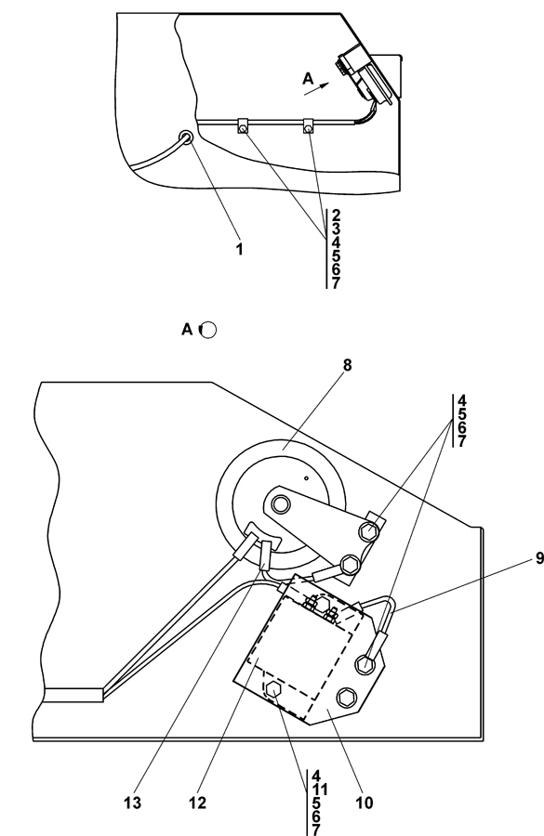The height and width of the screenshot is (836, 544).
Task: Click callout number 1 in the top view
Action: tap(240, 249)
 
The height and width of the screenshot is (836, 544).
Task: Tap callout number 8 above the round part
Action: tap(348, 365)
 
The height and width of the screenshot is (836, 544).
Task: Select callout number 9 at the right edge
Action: tap(539, 558)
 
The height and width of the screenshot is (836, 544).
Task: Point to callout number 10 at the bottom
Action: tap(365, 803)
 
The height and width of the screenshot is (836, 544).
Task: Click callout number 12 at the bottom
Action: tap(197, 803)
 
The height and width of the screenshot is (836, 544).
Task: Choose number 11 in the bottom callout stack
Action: tap(319, 789)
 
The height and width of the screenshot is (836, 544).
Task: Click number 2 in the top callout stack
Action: tap(336, 216)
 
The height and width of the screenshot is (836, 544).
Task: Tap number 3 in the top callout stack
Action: tap(336, 229)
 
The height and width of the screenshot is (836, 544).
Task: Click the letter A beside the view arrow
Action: tap(308, 79)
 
